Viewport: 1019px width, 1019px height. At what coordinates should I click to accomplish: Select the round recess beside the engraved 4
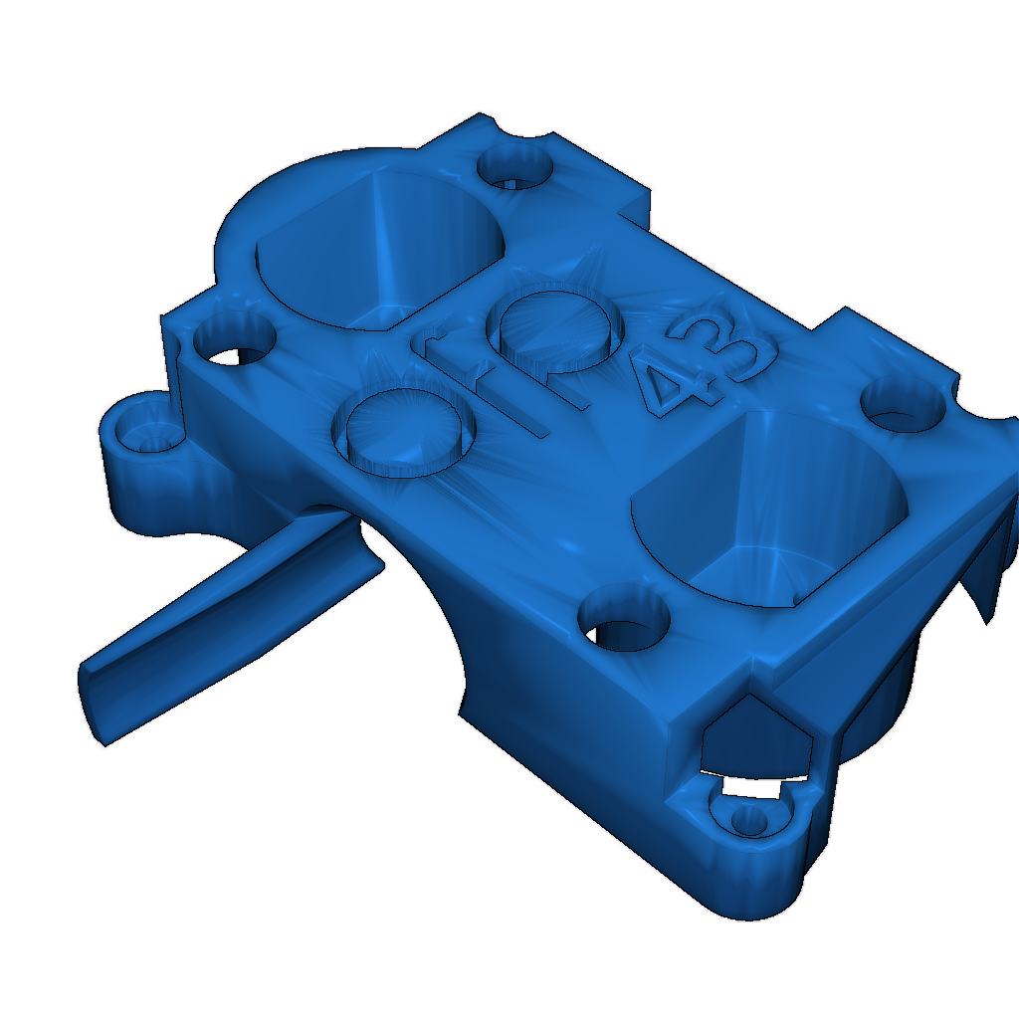pos(554,327)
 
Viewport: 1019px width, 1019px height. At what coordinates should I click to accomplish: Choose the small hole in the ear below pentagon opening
pos(747,820)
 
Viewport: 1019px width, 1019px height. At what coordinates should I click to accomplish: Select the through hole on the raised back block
pos(513,167)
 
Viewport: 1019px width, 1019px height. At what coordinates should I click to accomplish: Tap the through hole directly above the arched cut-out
pos(623,623)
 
